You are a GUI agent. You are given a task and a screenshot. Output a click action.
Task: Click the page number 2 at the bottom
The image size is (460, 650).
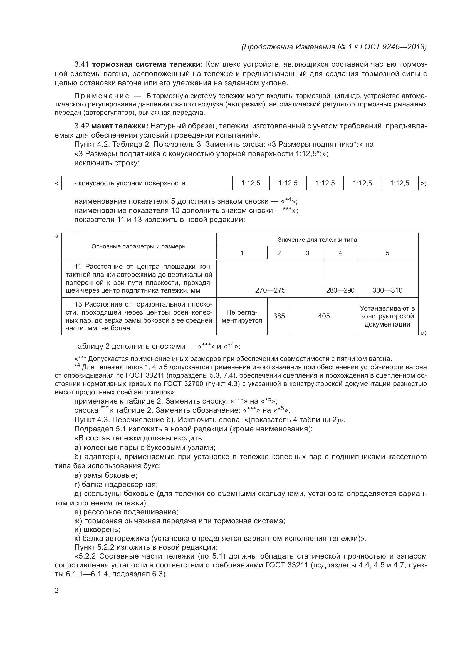[56, 591]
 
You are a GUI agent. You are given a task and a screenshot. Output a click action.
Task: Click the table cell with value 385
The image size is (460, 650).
[279, 316]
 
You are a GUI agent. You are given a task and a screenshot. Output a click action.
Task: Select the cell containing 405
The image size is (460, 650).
[323, 316]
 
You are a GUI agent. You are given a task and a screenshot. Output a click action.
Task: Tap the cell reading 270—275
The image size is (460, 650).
[270, 290]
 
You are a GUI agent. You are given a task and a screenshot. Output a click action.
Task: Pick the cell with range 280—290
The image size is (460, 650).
[340, 290]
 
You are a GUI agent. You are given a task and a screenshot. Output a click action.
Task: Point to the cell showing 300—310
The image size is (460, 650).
[387, 290]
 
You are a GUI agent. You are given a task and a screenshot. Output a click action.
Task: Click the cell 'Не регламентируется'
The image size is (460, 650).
[242, 316]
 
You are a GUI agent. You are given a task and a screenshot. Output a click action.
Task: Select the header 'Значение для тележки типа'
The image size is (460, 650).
[317, 240]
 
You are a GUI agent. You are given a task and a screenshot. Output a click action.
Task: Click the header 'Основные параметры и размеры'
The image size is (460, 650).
[139, 246]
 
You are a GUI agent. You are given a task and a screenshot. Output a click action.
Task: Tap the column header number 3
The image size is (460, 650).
[307, 253]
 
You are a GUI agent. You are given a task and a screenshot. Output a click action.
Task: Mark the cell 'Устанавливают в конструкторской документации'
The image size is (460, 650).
[387, 316]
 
